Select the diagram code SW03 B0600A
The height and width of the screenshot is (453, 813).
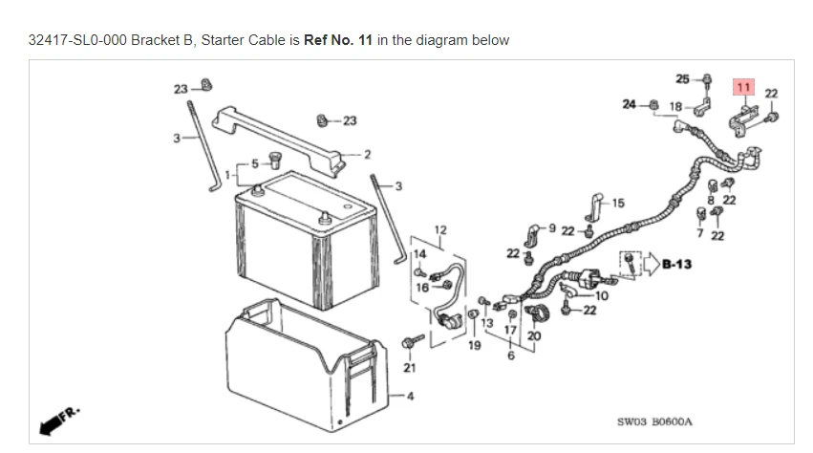tap(654, 421)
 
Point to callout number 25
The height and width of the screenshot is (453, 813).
tap(682, 77)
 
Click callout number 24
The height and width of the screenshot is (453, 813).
tap(629, 103)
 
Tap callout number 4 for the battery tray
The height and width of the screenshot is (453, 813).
tap(411, 398)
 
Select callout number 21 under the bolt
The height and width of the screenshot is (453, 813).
tap(410, 367)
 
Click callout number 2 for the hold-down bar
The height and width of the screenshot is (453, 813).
tap(367, 154)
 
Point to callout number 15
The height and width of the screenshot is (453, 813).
tap(618, 203)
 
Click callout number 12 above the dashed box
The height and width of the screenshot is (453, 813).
tap(439, 229)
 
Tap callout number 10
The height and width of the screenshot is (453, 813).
tap(601, 295)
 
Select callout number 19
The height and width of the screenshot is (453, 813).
tap(475, 345)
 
